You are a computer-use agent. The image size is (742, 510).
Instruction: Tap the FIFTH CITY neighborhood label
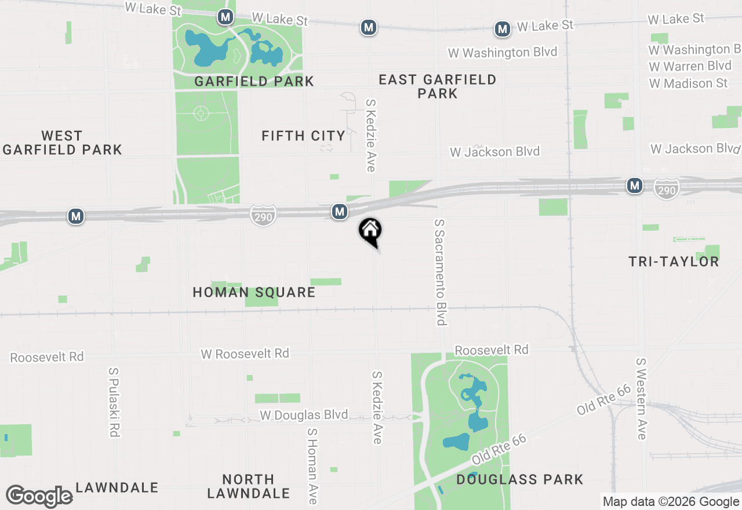pos(303,136)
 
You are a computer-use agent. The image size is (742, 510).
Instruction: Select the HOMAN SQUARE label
pos(254,292)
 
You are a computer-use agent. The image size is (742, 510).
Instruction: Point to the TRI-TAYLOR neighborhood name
pos(674,261)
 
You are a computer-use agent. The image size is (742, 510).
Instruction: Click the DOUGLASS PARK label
pos(519,479)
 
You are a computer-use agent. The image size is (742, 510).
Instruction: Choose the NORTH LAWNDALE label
pos(249,486)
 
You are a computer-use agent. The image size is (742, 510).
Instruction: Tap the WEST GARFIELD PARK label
pos(62,143)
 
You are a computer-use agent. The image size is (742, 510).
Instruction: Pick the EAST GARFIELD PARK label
pos(438,86)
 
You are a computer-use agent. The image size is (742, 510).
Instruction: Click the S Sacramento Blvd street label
pos(441,272)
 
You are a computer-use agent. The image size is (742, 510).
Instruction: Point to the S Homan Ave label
pos(312,465)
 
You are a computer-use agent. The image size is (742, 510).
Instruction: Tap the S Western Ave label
pos(641,398)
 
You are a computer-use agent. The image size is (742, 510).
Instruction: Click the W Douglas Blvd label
pos(304,415)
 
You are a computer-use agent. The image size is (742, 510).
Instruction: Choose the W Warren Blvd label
pos(690,66)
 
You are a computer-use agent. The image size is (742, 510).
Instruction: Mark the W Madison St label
pos(688,83)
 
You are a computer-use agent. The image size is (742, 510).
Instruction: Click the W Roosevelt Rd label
pos(245,354)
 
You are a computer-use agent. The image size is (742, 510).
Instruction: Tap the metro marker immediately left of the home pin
pos(340,212)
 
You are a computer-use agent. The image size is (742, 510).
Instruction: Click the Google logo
pos(39,497)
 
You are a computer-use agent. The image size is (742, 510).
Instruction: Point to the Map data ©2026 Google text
pos(671,502)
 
